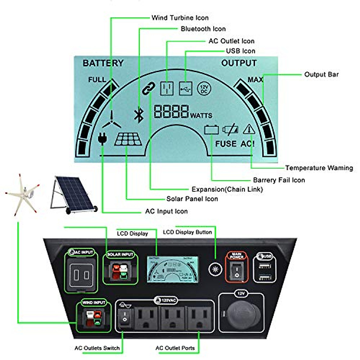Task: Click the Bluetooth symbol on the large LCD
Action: (138, 115)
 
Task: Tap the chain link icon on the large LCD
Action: (148, 88)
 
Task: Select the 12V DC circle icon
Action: (204, 89)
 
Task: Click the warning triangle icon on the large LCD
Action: (249, 129)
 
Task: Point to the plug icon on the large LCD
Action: (102, 138)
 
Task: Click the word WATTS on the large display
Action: (201, 115)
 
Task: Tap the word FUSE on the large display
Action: (226, 144)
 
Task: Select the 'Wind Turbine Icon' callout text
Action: (180, 18)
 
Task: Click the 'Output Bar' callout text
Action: (321, 74)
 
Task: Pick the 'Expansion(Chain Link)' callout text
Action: (227, 189)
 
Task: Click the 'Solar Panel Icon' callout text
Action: (192, 199)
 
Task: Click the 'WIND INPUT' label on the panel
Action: (94, 302)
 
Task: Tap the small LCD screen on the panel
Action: (172, 269)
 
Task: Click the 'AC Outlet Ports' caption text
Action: (175, 348)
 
